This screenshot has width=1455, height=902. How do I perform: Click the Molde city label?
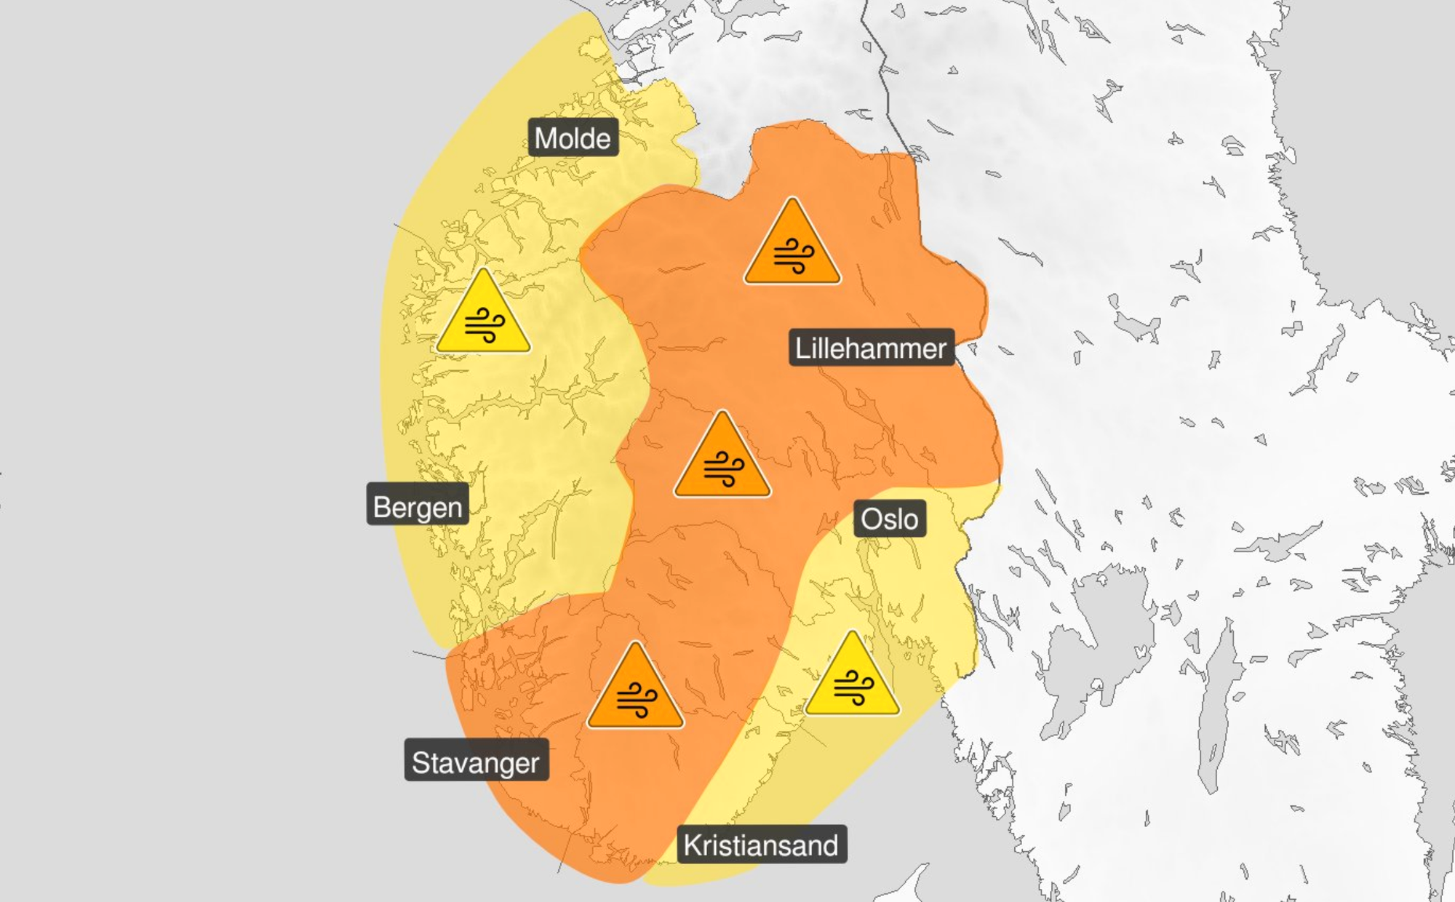click(573, 137)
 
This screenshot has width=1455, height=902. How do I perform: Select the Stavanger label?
click(476, 762)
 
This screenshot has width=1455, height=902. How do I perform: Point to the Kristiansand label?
click(761, 845)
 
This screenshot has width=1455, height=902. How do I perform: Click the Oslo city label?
click(889, 519)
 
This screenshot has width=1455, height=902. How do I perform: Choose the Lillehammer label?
click(871, 348)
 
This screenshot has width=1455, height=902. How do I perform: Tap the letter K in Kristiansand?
click(692, 845)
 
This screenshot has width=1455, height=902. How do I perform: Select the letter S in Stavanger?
click(420, 762)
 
